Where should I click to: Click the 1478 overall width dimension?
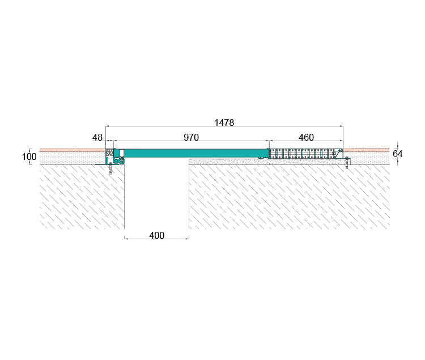tap(224, 123)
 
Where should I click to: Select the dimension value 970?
tap(191, 137)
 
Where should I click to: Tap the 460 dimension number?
tap(306, 137)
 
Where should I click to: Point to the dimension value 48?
tap(97, 137)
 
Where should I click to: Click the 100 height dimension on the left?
tap(29, 156)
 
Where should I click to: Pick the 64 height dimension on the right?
tap(397, 154)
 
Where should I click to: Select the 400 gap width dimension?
tap(156, 235)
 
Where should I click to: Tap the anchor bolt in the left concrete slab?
tap(110, 168)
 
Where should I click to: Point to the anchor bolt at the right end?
tap(347, 163)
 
